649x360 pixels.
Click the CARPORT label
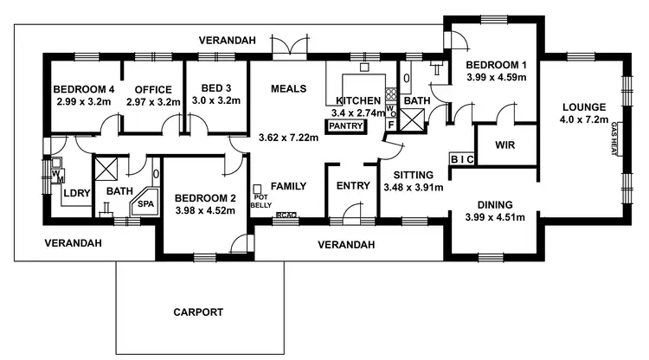point(198,312)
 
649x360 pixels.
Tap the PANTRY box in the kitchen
point(344,126)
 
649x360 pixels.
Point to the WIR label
point(505,145)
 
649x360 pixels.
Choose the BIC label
point(460,159)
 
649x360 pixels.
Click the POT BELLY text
point(260,200)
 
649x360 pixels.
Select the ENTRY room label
point(353,186)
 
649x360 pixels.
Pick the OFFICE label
point(151,90)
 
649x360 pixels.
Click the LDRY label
point(77,193)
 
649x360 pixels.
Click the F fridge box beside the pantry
point(390,125)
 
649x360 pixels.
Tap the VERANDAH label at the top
point(227,40)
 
